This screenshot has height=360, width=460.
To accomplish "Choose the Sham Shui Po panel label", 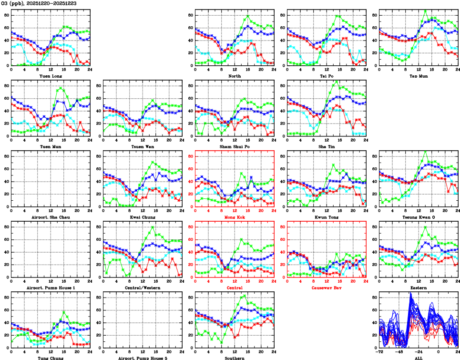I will [235, 146].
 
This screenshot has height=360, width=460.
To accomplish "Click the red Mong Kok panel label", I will [235, 217].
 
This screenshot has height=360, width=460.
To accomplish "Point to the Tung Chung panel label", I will [50, 358].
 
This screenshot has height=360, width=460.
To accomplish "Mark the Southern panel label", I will [235, 358].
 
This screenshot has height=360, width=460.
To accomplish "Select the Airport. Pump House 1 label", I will [50, 288].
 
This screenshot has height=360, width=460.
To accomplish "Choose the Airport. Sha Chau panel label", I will [50, 217].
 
